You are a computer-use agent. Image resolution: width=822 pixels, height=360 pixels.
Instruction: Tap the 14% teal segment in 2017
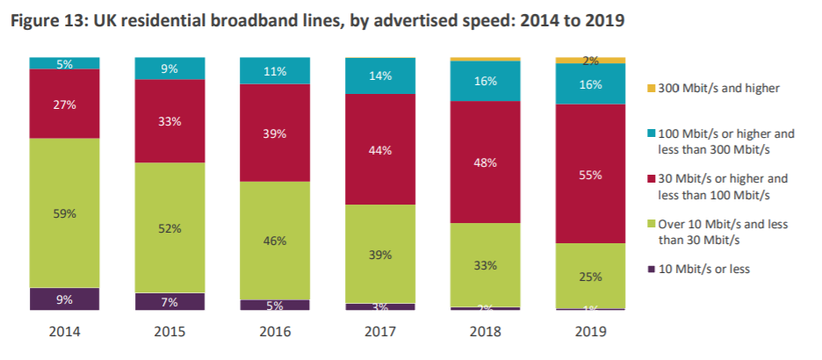click(x=380, y=76)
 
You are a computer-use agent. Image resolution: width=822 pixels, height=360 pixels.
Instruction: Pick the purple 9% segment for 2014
click(x=64, y=299)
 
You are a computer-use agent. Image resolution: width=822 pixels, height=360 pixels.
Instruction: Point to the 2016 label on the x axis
click(x=275, y=333)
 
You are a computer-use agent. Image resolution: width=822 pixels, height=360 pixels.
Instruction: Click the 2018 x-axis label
click(x=485, y=333)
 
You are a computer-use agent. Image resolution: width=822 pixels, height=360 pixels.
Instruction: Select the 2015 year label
click(x=169, y=333)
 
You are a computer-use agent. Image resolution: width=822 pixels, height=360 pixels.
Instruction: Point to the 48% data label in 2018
click(x=485, y=162)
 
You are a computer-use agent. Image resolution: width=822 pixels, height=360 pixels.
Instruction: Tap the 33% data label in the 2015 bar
click(x=169, y=122)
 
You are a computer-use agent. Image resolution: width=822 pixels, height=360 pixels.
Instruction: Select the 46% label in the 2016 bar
click(x=275, y=241)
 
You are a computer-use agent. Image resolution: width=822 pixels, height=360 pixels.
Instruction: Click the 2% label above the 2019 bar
click(x=591, y=61)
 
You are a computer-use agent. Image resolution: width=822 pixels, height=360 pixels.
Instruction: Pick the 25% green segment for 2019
click(x=590, y=276)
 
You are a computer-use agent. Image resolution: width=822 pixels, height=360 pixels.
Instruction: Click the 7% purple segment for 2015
click(x=169, y=302)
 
